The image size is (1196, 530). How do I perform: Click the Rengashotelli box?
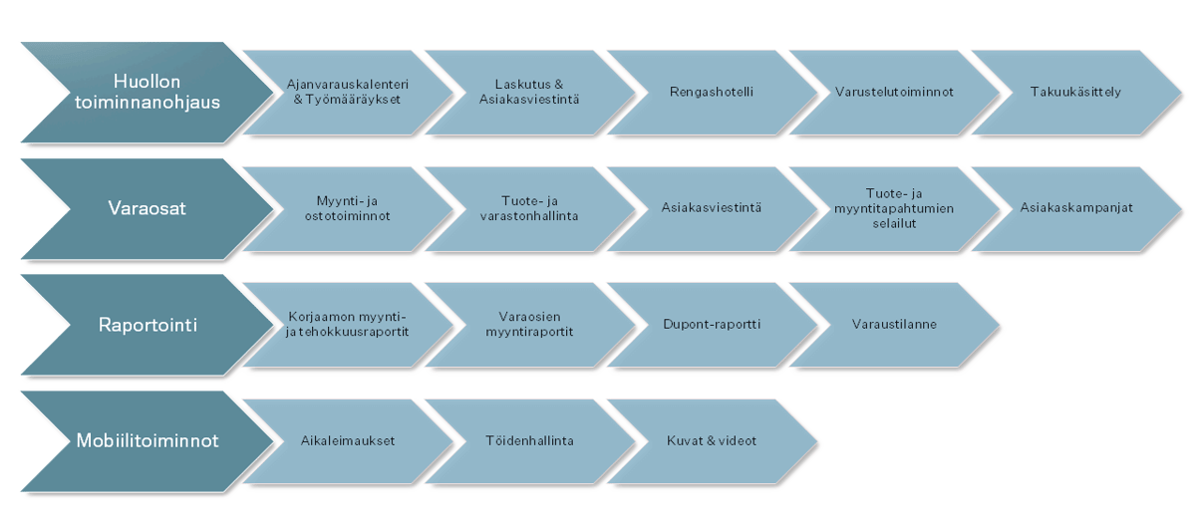(x=711, y=92)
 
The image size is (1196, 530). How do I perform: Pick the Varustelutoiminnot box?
(x=894, y=92)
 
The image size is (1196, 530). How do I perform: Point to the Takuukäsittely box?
(x=1075, y=92)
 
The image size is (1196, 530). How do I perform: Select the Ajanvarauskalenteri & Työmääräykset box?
(x=347, y=92)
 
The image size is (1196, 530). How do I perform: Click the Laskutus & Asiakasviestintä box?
(x=528, y=92)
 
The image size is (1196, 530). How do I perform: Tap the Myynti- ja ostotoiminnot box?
(x=347, y=208)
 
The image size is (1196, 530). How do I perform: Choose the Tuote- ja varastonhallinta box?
(x=528, y=208)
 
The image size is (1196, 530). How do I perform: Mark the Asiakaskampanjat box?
(x=1075, y=208)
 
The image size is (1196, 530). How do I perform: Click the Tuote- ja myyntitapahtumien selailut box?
(x=894, y=208)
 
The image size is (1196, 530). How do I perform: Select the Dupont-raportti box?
(x=711, y=325)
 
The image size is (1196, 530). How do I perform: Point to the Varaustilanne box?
(x=894, y=325)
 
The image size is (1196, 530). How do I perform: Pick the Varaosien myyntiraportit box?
(x=528, y=325)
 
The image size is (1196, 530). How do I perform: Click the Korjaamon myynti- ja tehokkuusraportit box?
(x=347, y=325)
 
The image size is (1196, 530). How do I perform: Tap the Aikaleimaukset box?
(x=347, y=440)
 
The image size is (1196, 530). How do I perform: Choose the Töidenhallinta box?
(x=528, y=440)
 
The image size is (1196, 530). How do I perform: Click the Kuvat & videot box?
(x=711, y=440)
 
